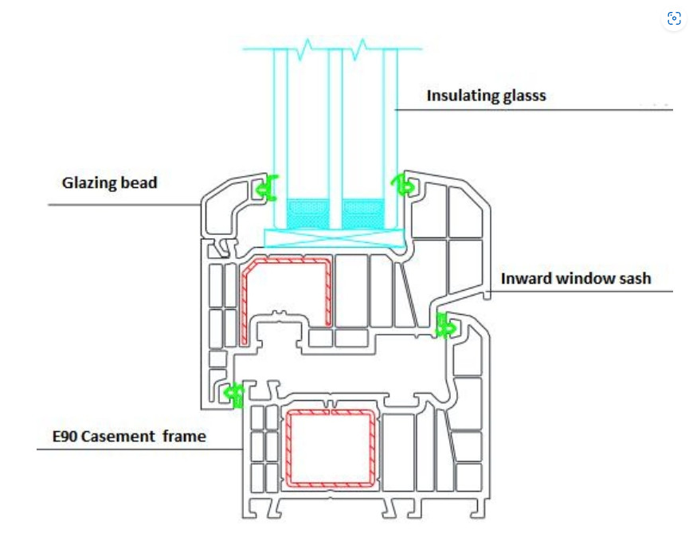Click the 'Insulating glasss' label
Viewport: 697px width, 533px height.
pyautogui.click(x=486, y=96)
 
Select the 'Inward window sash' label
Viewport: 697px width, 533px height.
pyautogui.click(x=576, y=278)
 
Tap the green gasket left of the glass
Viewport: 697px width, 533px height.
pyautogui.click(x=268, y=188)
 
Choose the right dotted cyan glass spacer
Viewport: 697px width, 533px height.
pyautogui.click(x=363, y=214)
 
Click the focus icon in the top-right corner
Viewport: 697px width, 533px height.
pyautogui.click(x=674, y=19)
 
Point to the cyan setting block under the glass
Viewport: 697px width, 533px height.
pyautogui.click(x=335, y=237)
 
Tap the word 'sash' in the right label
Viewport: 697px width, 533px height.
pyautogui.click(x=634, y=278)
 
